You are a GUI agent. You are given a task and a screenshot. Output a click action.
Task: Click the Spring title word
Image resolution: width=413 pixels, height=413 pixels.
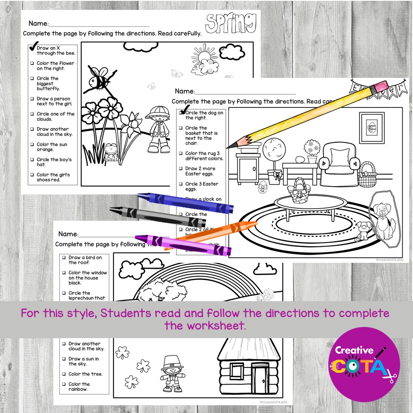click(x=231, y=23)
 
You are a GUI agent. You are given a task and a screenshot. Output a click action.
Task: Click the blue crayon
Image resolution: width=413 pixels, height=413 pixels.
click(x=185, y=203)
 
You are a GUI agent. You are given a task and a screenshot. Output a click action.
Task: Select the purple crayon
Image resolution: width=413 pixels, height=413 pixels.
click(x=183, y=245)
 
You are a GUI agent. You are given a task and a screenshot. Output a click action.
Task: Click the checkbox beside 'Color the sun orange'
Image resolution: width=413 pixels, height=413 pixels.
click(x=32, y=145)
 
